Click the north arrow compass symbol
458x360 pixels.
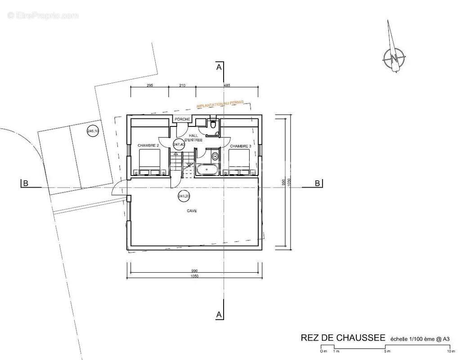394,57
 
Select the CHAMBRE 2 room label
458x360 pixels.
148,145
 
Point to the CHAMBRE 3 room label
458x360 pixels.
240,146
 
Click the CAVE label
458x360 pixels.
192,210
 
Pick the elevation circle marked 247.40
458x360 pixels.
179,144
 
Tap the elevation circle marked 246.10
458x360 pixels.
93,131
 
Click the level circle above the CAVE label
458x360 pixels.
184,196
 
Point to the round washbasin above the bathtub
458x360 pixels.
215,157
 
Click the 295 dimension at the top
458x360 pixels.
150,85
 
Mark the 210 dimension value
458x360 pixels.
182,85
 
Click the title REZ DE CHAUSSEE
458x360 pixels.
342,338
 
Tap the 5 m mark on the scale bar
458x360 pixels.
385,351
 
